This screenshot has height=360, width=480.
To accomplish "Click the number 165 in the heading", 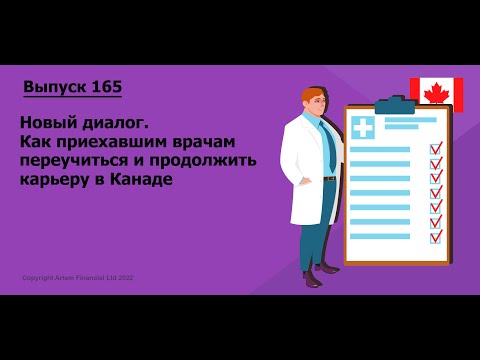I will [106, 87].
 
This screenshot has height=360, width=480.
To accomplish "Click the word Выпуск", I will [54, 87].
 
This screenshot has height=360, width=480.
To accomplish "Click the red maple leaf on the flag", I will [435, 94].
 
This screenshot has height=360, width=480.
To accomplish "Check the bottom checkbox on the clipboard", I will [436, 237].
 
